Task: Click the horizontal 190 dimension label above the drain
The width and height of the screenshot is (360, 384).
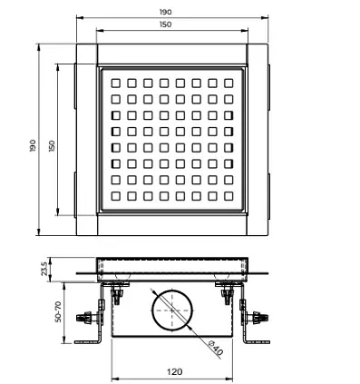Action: click(165, 12)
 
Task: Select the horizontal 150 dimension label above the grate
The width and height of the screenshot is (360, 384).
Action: click(165, 25)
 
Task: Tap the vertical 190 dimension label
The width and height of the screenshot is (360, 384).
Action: click(33, 145)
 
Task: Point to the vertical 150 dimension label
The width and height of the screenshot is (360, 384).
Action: click(52, 146)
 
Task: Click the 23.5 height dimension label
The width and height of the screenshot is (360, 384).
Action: click(44, 269)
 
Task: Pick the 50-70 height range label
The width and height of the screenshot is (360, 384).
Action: click(58, 311)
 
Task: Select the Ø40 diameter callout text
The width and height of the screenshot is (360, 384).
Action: click(216, 348)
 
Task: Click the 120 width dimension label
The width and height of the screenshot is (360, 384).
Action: click(174, 371)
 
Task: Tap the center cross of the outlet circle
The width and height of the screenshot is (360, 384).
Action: click(172, 310)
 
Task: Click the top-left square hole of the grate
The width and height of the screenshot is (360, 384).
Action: click(116, 83)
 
